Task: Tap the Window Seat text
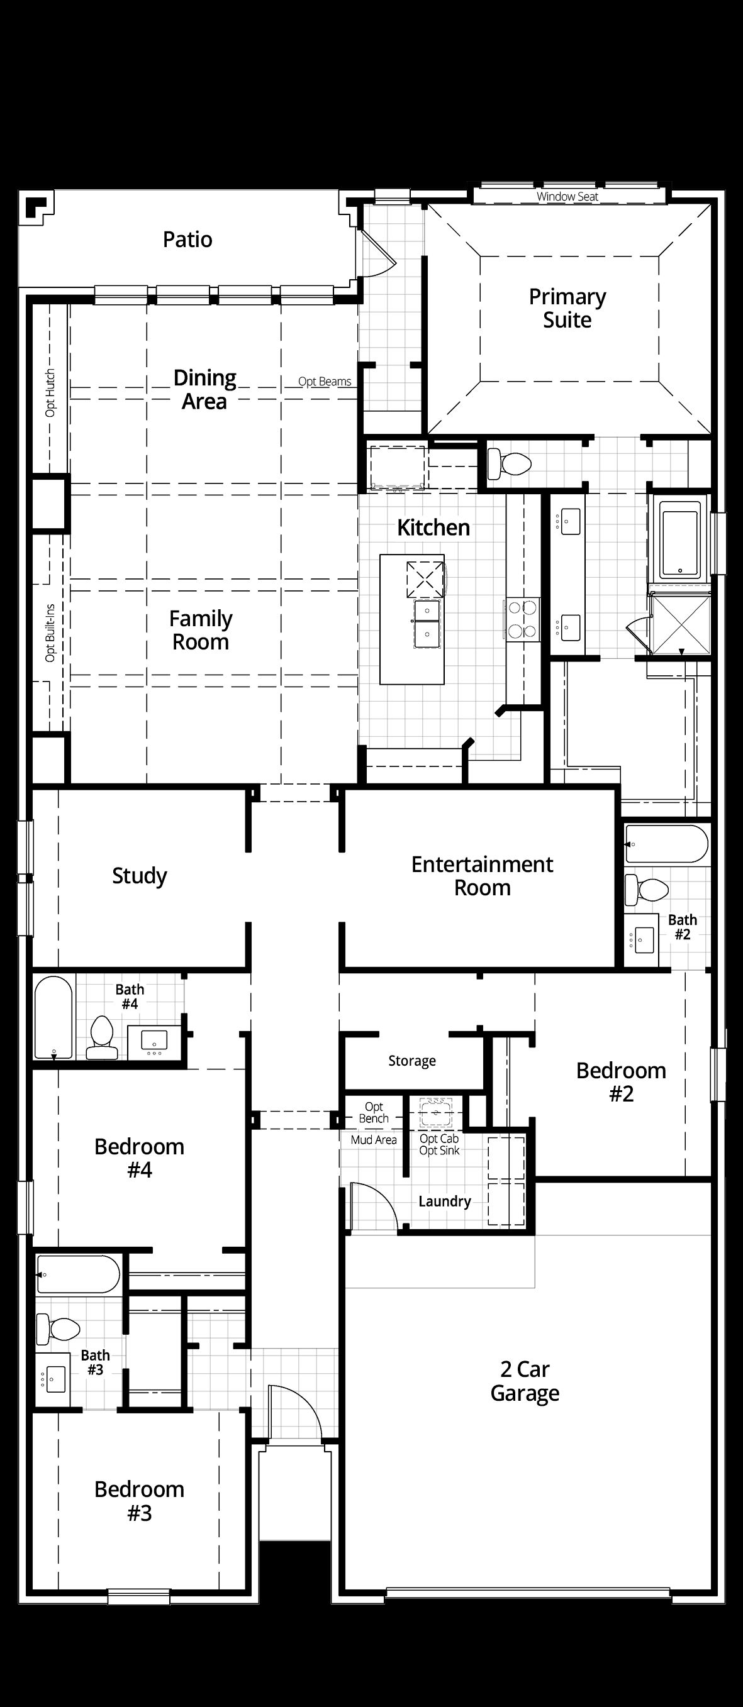click(x=567, y=197)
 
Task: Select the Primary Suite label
click(x=567, y=308)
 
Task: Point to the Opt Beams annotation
click(x=325, y=382)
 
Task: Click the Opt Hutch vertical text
click(x=50, y=393)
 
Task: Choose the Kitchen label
click(x=433, y=528)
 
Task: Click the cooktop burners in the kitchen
click(x=522, y=619)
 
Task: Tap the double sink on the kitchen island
click(x=427, y=623)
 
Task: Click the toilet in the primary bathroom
click(x=508, y=463)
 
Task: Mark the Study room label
click(x=139, y=875)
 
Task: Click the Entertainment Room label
click(x=483, y=875)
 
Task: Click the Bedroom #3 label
click(x=139, y=1501)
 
